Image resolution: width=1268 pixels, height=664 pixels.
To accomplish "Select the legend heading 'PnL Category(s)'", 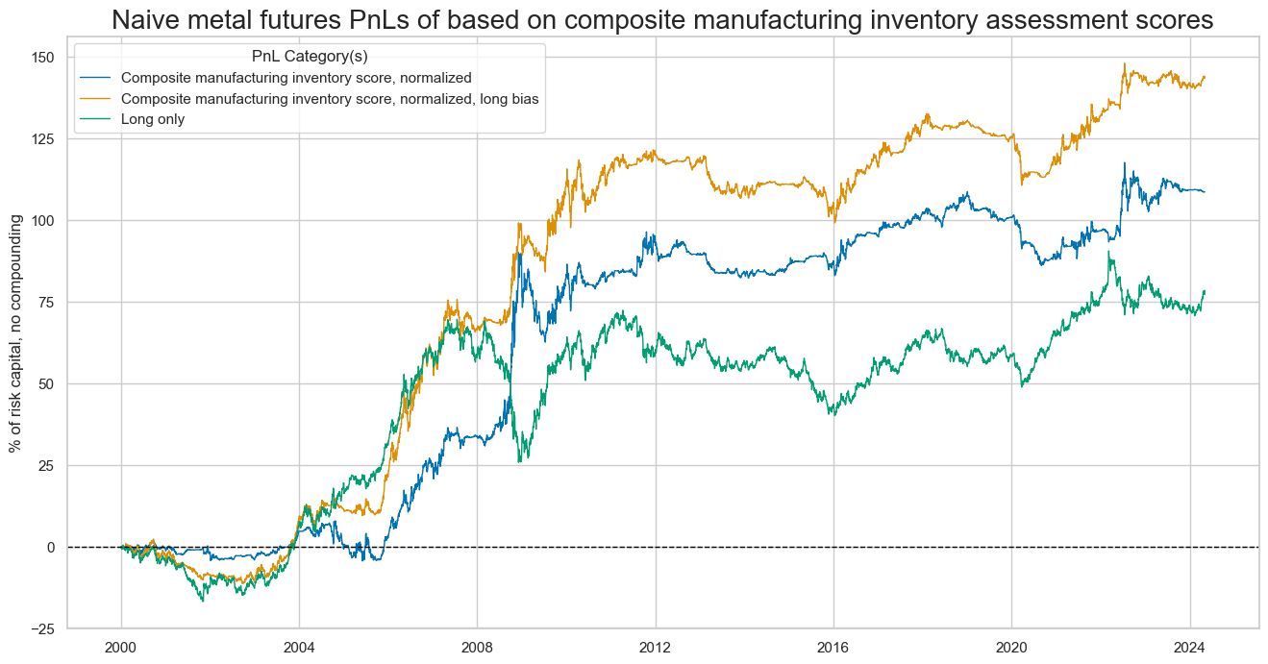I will (310, 57).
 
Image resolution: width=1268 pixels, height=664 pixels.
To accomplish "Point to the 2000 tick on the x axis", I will (121, 647).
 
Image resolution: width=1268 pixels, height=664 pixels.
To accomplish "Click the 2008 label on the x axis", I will (478, 647).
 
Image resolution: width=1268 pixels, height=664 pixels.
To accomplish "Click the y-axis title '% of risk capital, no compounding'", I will (16, 333).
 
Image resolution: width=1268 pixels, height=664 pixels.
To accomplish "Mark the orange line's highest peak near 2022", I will (1124, 64).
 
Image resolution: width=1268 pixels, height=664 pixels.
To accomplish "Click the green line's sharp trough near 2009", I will (519, 461).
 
